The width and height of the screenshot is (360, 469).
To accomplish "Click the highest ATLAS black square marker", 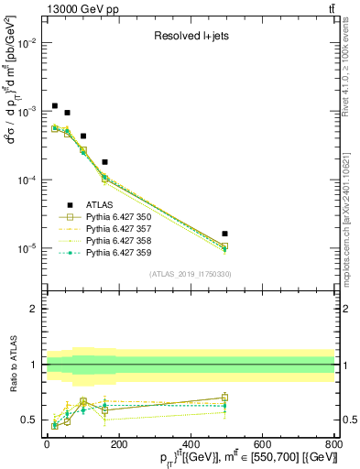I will point(55,106).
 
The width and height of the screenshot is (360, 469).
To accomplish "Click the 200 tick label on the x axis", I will point(119,444).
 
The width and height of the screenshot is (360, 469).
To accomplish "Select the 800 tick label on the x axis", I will point(334,444).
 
